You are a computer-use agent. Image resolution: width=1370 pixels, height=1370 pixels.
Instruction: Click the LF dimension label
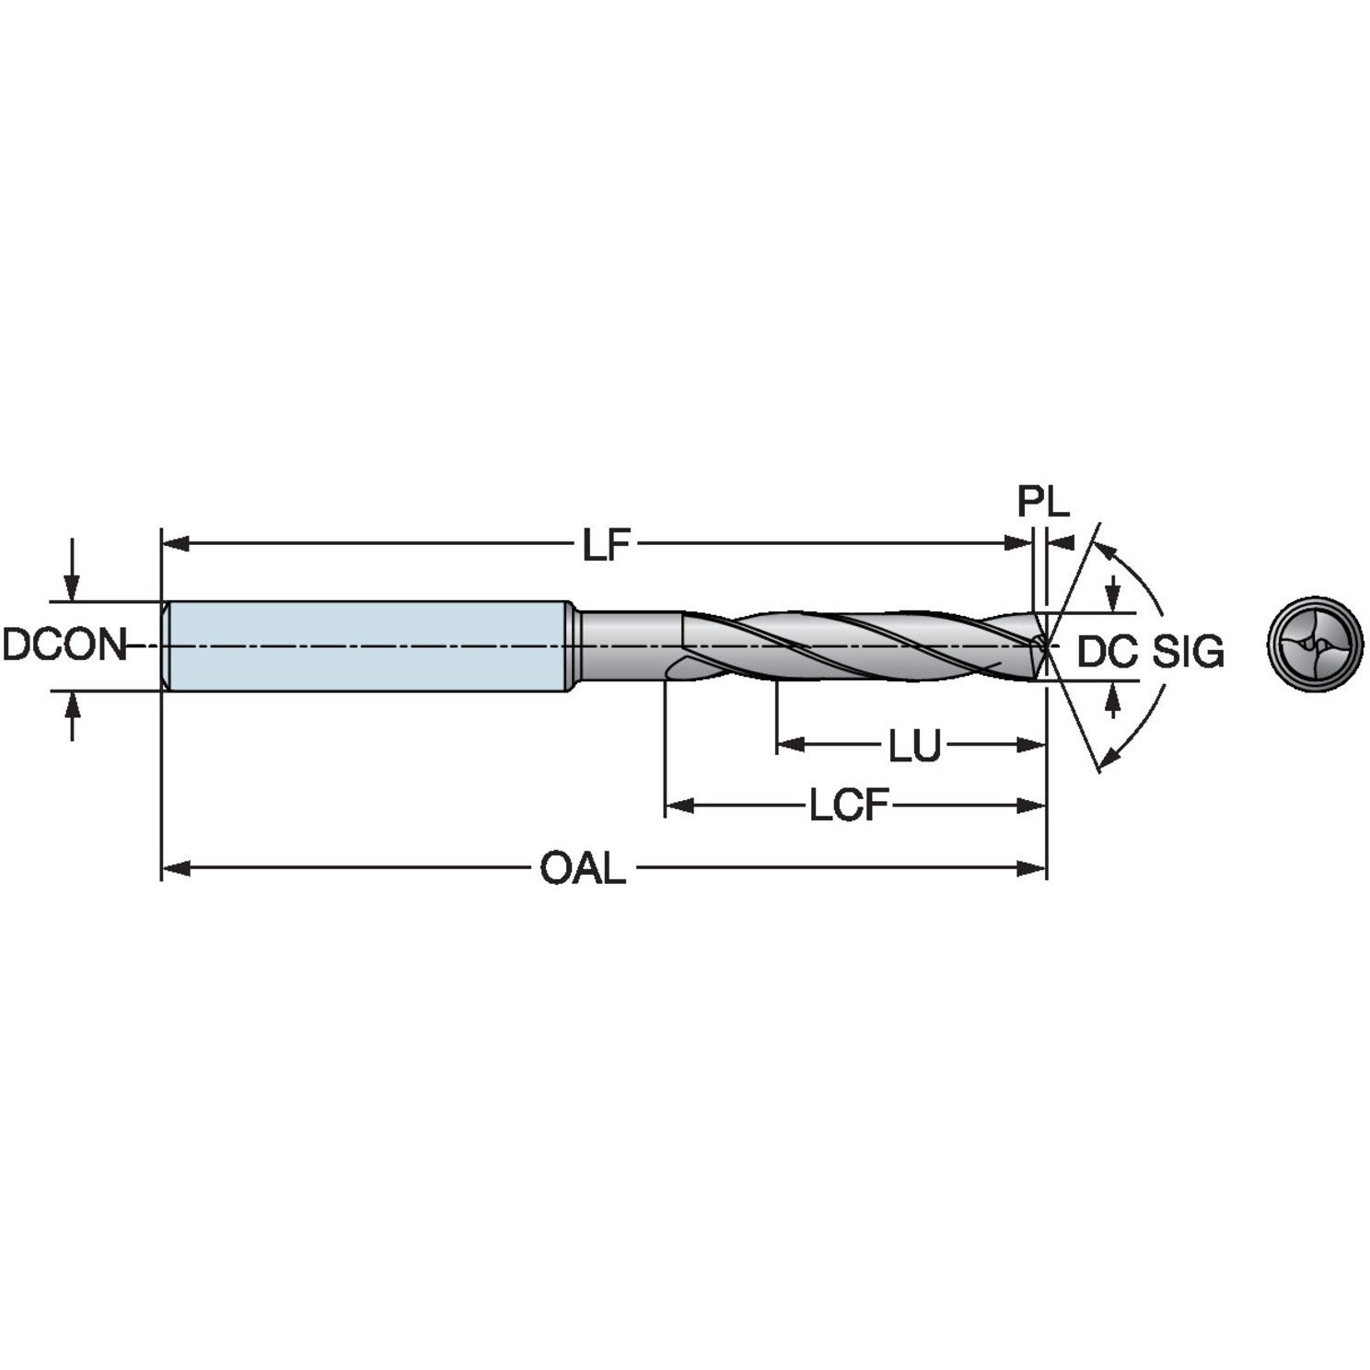[606, 545]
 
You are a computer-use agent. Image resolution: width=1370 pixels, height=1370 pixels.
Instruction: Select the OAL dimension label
[582, 868]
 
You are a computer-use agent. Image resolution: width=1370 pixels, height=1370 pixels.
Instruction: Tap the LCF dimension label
[848, 807]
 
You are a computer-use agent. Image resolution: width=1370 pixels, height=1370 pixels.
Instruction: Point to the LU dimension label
[914, 747]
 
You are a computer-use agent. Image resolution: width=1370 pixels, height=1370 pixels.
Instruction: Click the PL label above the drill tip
[1043, 503]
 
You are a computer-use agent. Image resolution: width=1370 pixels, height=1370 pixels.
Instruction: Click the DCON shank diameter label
[63, 645]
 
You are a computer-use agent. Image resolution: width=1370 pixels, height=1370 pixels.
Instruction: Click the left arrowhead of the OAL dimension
[175, 868]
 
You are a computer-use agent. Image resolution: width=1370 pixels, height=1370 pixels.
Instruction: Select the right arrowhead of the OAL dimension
[1032, 868]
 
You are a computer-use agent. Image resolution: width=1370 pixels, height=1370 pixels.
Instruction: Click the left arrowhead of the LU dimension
[790, 745]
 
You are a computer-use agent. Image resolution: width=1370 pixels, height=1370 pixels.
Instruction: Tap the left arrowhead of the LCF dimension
[679, 807]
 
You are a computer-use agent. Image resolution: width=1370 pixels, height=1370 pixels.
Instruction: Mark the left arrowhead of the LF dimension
[175, 544]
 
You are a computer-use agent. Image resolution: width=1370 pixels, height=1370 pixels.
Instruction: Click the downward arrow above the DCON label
[72, 585]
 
